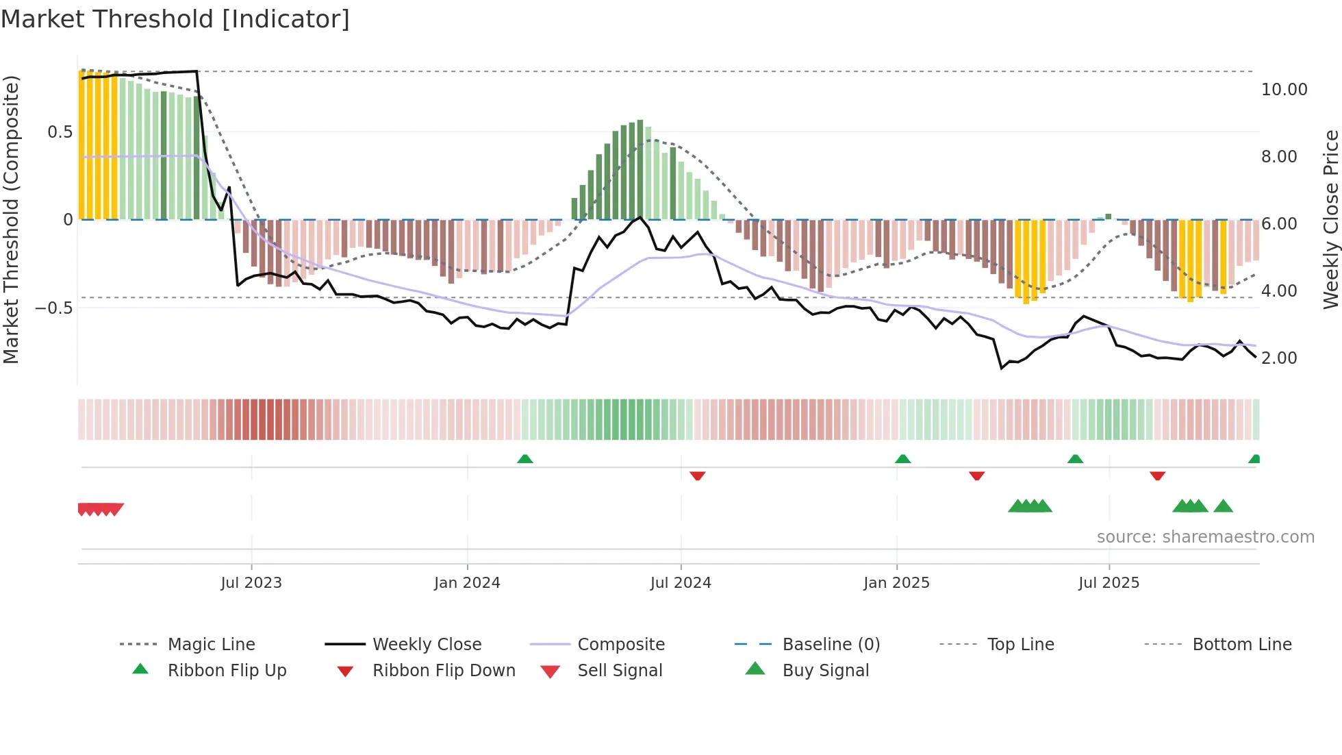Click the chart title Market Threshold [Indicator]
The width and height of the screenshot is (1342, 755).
tap(175, 19)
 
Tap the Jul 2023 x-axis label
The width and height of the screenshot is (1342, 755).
tap(251, 583)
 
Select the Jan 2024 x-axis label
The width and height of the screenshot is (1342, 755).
tap(467, 583)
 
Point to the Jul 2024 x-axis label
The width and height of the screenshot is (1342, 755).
tap(681, 583)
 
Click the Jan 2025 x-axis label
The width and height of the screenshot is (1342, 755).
tap(896, 583)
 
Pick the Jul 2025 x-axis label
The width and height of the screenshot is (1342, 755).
tap(1109, 583)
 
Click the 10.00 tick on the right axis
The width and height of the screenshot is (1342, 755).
tap(1284, 90)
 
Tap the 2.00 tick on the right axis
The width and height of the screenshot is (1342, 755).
tap(1279, 358)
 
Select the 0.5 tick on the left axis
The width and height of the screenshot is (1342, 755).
tap(60, 132)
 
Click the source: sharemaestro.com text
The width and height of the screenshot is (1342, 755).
tap(1205, 537)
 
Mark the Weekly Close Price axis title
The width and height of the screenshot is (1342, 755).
tap(1330, 219)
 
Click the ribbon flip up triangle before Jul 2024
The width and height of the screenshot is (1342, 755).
tap(525, 459)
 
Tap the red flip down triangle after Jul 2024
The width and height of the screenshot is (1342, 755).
tap(698, 475)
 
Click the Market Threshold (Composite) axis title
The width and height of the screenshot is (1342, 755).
tap(12, 219)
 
